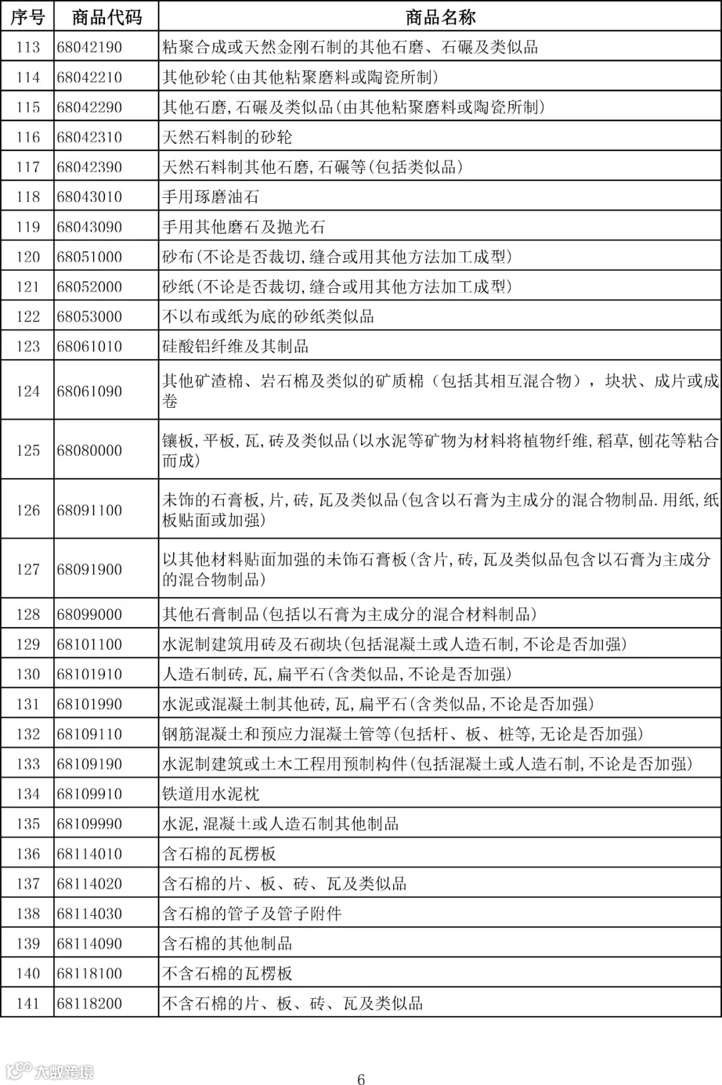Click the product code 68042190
tap(90, 47)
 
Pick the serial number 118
tap(28, 197)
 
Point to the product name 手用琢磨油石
tap(211, 197)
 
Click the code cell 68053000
tap(90, 317)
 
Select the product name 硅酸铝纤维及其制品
tap(235, 346)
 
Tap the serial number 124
tap(28, 391)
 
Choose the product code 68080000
tap(90, 451)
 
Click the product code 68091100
tap(90, 511)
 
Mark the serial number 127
tap(28, 570)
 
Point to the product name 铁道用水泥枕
tap(211, 794)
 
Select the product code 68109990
tap(90, 824)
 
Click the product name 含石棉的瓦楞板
tap(219, 854)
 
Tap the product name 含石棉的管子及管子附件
tap(251, 914)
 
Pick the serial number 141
tap(28, 1003)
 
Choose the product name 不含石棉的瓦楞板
tap(227, 973)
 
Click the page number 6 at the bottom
tap(361, 1078)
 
